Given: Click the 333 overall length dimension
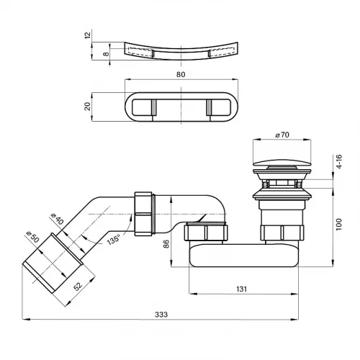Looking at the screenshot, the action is [161, 315].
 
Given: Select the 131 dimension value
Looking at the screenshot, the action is [241, 289].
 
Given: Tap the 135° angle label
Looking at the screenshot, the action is [113, 240].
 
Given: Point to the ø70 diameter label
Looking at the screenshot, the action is [282, 135].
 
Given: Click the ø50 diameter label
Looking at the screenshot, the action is [32, 237].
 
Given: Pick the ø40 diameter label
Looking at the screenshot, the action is [57, 218].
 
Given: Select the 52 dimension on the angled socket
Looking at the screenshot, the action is [78, 286].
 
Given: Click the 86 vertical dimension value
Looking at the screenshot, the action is [166, 243].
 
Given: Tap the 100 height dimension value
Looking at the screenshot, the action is [338, 225].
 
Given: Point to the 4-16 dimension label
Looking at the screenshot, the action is [338, 161].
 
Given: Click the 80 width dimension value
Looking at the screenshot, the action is [181, 74].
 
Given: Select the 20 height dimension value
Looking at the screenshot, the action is [88, 106].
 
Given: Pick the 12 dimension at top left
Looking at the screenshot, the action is [88, 35].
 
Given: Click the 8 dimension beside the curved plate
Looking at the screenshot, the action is [106, 54].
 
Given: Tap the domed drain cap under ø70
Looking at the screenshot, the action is [282, 163].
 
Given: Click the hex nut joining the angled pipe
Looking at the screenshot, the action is [143, 214].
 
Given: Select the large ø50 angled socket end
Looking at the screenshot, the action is [53, 263].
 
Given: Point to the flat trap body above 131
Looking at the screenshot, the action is [244, 255].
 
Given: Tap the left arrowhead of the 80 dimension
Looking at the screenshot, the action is [129, 80].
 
